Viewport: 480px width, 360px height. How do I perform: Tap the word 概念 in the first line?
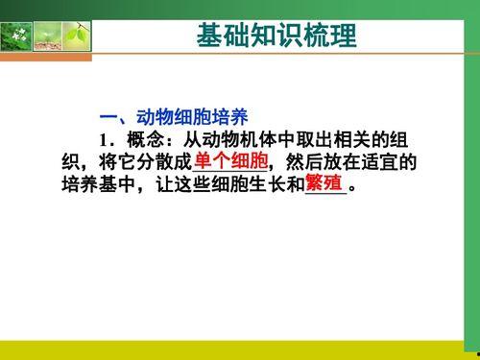(138, 140)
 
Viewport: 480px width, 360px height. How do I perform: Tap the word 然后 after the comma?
(307, 161)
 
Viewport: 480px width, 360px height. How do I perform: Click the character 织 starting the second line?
(60, 161)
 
